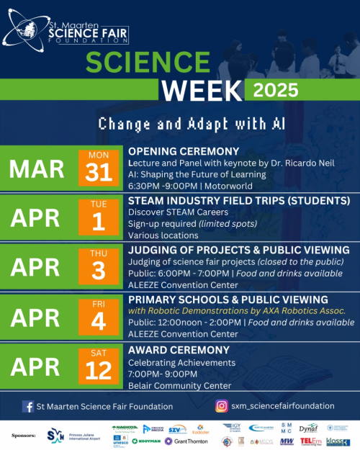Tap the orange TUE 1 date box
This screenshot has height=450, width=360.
point(99,217)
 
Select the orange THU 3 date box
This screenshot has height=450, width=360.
point(99,266)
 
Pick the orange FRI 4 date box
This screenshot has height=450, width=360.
point(99,315)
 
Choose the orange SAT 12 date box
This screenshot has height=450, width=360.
point(99,365)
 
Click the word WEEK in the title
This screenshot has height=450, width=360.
point(201,90)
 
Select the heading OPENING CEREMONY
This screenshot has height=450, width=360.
point(183,151)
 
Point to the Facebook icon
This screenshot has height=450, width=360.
point(27,406)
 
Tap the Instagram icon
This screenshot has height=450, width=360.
point(222,406)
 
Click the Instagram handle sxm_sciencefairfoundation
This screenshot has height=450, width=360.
point(282,406)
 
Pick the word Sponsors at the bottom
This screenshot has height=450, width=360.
point(24,436)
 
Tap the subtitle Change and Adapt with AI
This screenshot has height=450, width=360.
point(192,123)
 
